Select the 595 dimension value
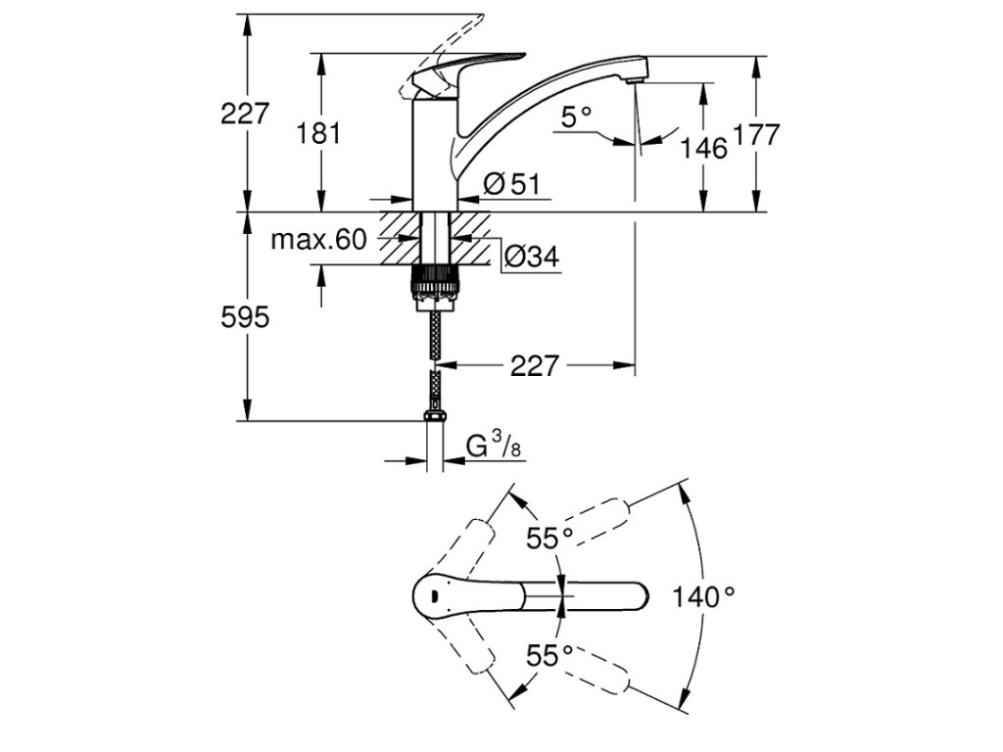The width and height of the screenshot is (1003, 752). [245, 317]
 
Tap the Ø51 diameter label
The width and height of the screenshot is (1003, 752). [512, 183]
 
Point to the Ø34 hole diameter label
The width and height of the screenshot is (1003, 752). [531, 258]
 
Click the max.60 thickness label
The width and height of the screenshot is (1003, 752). [317, 239]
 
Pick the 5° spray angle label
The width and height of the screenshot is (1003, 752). [577, 117]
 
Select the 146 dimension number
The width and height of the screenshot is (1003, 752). [704, 148]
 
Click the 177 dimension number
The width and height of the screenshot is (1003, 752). [756, 135]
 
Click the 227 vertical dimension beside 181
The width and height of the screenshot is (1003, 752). [245, 114]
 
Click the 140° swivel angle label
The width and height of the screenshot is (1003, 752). [703, 595]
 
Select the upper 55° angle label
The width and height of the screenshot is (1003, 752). [549, 538]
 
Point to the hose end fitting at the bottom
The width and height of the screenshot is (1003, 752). [435, 418]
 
